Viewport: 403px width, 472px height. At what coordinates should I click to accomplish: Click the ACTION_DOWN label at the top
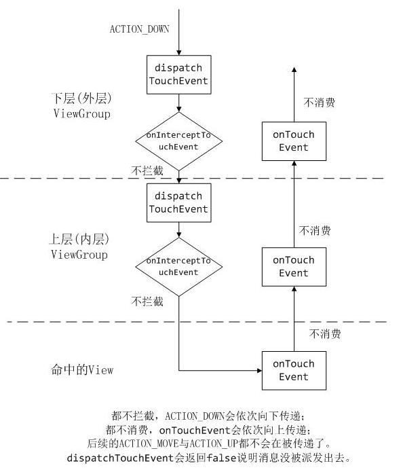140,29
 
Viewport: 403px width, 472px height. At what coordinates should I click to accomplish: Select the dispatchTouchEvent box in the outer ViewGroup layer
179,75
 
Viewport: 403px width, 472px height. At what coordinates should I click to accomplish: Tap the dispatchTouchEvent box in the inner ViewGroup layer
179,203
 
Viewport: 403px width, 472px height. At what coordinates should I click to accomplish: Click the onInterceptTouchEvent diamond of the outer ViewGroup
179,141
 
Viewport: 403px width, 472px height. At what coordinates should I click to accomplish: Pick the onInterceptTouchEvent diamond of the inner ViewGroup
179,267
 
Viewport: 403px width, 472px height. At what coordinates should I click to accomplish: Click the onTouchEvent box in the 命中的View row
294,371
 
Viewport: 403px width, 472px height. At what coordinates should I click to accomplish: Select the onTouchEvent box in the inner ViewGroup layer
294,267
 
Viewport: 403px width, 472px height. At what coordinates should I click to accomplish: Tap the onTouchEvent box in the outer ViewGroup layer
294,141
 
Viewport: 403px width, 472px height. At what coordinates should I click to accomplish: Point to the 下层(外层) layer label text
81,98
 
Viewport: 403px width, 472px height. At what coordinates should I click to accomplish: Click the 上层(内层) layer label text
79,239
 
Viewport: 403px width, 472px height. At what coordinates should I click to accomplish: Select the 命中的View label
82,369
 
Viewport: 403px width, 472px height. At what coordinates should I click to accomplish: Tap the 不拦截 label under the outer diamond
147,170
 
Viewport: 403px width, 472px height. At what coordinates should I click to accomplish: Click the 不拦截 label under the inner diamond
147,302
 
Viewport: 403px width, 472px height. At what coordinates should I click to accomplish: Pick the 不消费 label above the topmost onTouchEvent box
320,103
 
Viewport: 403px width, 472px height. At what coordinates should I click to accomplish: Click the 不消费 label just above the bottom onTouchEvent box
325,333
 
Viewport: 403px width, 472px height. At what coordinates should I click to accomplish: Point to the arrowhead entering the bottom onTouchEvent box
260,371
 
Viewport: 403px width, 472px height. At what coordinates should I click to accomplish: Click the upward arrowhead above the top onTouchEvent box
294,69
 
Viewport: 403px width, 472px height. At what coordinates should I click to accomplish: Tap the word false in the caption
221,458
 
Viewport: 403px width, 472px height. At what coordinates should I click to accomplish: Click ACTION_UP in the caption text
214,443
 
